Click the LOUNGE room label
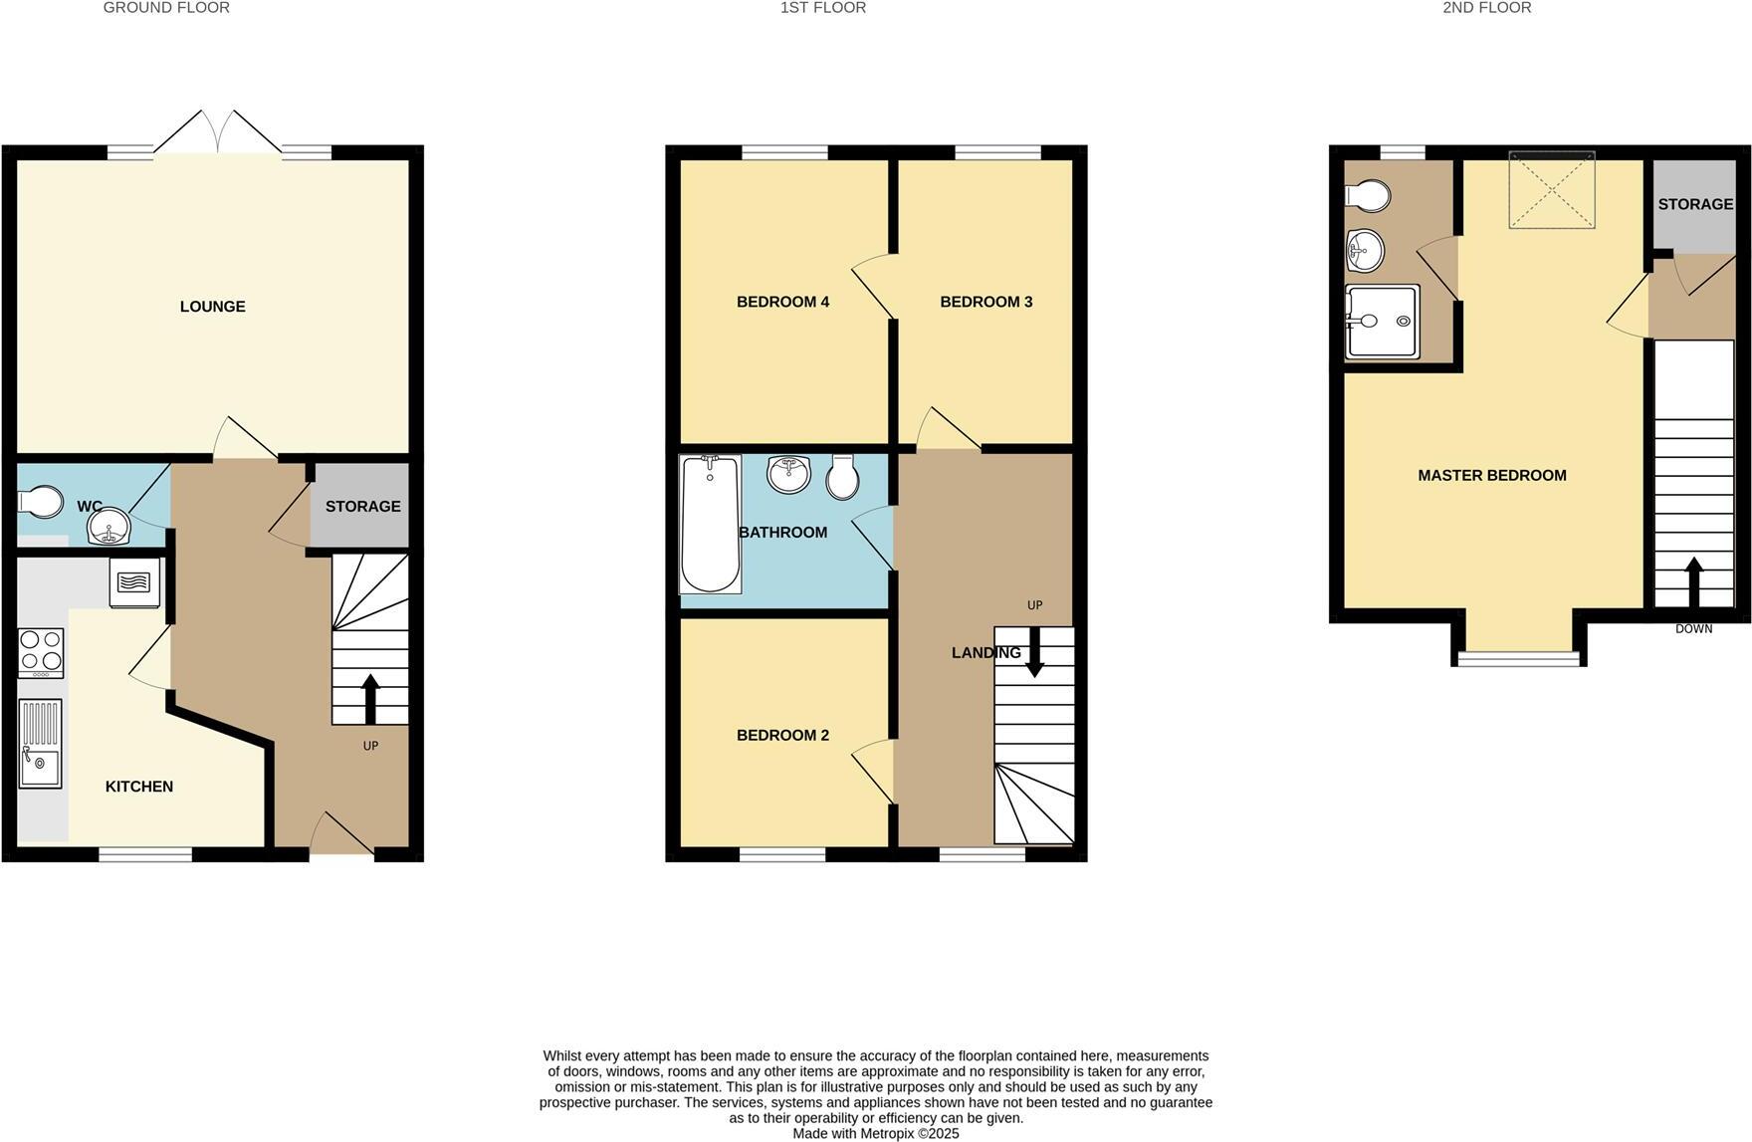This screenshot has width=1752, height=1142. point(212,307)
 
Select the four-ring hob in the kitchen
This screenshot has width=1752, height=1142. point(41,652)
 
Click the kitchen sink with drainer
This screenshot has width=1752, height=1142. point(40,744)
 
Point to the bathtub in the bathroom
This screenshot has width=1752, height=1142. point(710,524)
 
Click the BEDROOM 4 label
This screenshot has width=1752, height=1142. point(782,302)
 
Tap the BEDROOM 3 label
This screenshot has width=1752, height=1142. point(985,302)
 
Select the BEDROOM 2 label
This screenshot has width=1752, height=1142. point(782,736)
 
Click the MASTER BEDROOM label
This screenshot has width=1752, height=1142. point(1491,476)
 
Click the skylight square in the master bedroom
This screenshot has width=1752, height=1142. point(1551,189)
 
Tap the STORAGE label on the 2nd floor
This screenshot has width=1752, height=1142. point(1694,204)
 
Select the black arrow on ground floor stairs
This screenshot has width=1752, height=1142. point(370,698)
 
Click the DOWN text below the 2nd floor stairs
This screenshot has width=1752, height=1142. point(1693,629)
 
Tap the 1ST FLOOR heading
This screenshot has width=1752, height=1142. point(822,8)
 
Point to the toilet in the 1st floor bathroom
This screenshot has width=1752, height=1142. point(842,478)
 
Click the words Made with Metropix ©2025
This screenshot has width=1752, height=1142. point(875,1133)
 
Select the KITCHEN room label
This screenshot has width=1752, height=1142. point(139,787)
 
